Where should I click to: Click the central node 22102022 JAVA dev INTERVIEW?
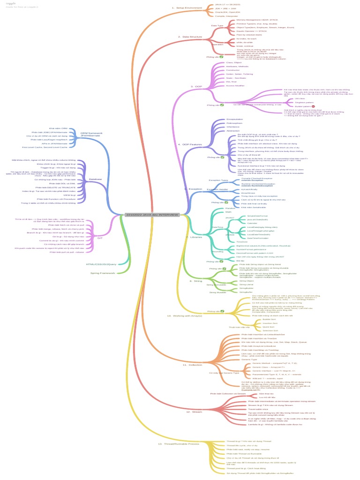[152, 214]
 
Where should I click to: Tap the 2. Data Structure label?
[190, 37]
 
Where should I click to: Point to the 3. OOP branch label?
[195, 87]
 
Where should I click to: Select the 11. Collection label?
[192, 364]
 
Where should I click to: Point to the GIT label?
[100, 238]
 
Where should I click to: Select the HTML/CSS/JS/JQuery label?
[101, 264]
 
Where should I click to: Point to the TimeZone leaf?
[242, 242]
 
